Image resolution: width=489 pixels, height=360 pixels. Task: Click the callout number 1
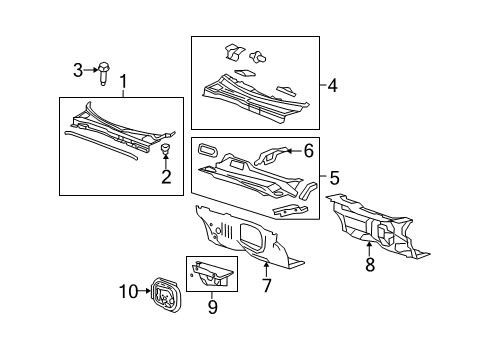[x=123, y=82]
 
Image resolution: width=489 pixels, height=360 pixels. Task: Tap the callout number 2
[x=166, y=178]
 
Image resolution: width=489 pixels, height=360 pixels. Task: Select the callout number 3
[x=77, y=69]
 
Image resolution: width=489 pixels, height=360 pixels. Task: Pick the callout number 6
[x=309, y=150]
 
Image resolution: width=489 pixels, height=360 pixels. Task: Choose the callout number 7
[x=266, y=285]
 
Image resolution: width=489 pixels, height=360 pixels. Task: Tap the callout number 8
[x=369, y=266]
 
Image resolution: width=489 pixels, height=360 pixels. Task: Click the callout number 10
[x=127, y=291]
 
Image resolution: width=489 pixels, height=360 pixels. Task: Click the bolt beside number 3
[x=103, y=70]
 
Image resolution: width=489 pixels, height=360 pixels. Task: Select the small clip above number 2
[x=166, y=150]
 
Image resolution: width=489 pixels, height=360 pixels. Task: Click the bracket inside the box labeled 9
[x=213, y=271]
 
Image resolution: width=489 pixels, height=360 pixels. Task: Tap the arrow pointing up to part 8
[x=369, y=249]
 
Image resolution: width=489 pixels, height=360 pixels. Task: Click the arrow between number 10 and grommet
[x=142, y=291]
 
